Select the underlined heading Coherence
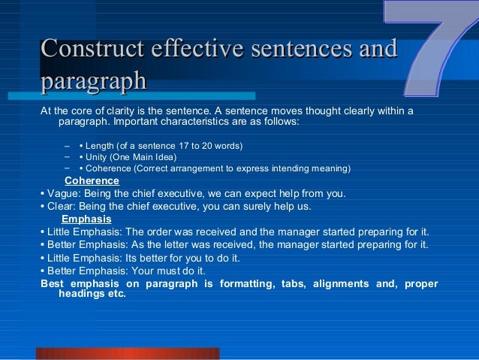pos(92,180)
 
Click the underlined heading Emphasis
pos(86,219)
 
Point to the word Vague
pos(61,193)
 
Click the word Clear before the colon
pos(59,206)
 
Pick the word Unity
pos(98,157)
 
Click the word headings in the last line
pos(81,294)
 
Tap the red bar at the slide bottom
pos(128,353)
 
